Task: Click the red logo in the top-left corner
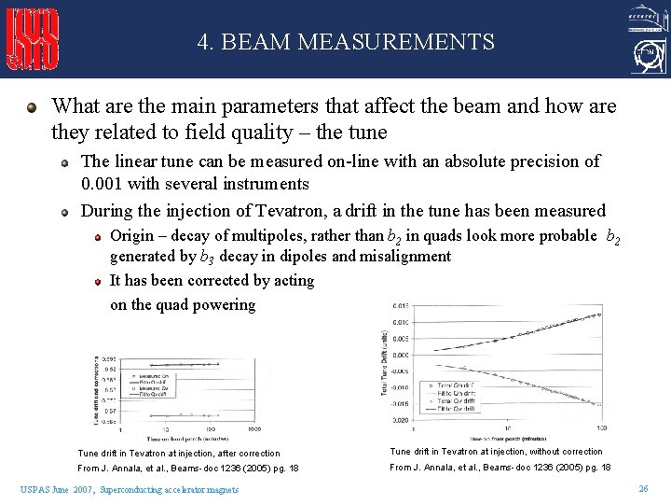[34, 39]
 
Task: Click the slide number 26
[643, 489]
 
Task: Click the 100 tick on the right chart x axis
[601, 429]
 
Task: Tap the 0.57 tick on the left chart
[110, 411]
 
